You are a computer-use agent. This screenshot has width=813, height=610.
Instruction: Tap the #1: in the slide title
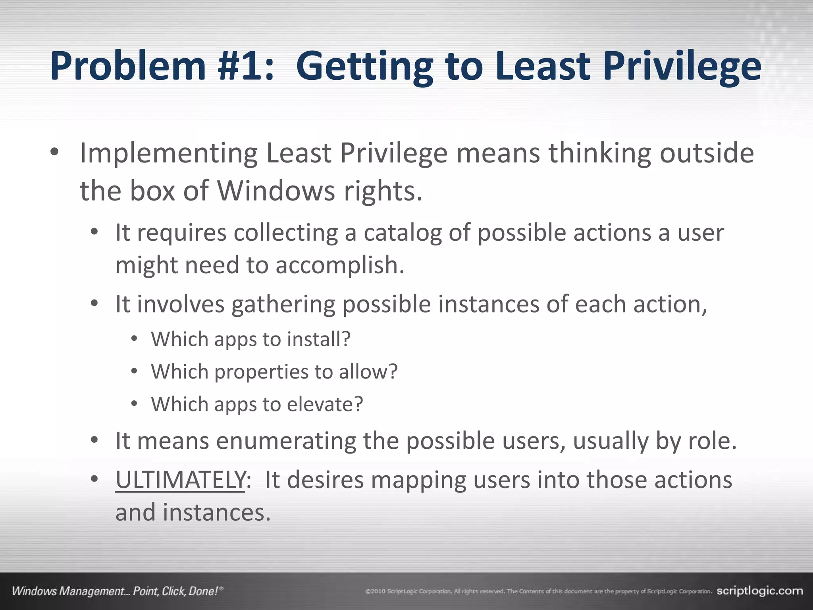pyautogui.click(x=252, y=67)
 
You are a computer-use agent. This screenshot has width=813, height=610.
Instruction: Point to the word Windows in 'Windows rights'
pyautogui.click(x=276, y=191)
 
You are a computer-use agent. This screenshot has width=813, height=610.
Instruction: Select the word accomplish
pyautogui.click(x=340, y=266)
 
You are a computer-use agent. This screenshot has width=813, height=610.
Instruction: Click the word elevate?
pyautogui.click(x=325, y=405)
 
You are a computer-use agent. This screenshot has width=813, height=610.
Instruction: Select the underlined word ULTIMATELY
pyautogui.click(x=180, y=480)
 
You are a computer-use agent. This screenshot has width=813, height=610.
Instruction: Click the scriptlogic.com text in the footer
pyautogui.click(x=759, y=591)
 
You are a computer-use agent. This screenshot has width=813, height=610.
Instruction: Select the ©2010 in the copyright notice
pyautogui.click(x=375, y=592)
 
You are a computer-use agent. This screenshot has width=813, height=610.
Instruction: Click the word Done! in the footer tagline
pyautogui.click(x=203, y=591)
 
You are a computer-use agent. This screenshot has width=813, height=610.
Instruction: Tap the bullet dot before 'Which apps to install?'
pyautogui.click(x=134, y=339)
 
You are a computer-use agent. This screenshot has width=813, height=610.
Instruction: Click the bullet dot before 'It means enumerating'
pyautogui.click(x=94, y=440)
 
